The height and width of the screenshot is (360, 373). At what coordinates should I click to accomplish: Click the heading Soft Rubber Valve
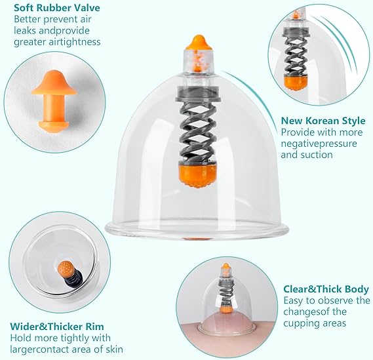57,8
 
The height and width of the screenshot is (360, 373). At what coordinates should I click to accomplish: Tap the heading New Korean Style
323,121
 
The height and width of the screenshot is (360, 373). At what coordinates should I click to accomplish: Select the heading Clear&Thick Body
326,289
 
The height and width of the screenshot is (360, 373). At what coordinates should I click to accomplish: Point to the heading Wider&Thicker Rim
57,326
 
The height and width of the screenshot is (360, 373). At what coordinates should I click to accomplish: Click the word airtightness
75,42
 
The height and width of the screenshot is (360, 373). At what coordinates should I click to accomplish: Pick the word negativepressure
319,144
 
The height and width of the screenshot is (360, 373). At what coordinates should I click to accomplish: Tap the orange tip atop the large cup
199,43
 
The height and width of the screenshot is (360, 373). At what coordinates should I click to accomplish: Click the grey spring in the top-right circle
296,56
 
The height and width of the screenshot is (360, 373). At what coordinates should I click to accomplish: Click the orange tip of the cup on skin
226,266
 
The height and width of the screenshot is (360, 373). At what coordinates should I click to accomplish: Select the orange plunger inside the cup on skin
225,310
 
